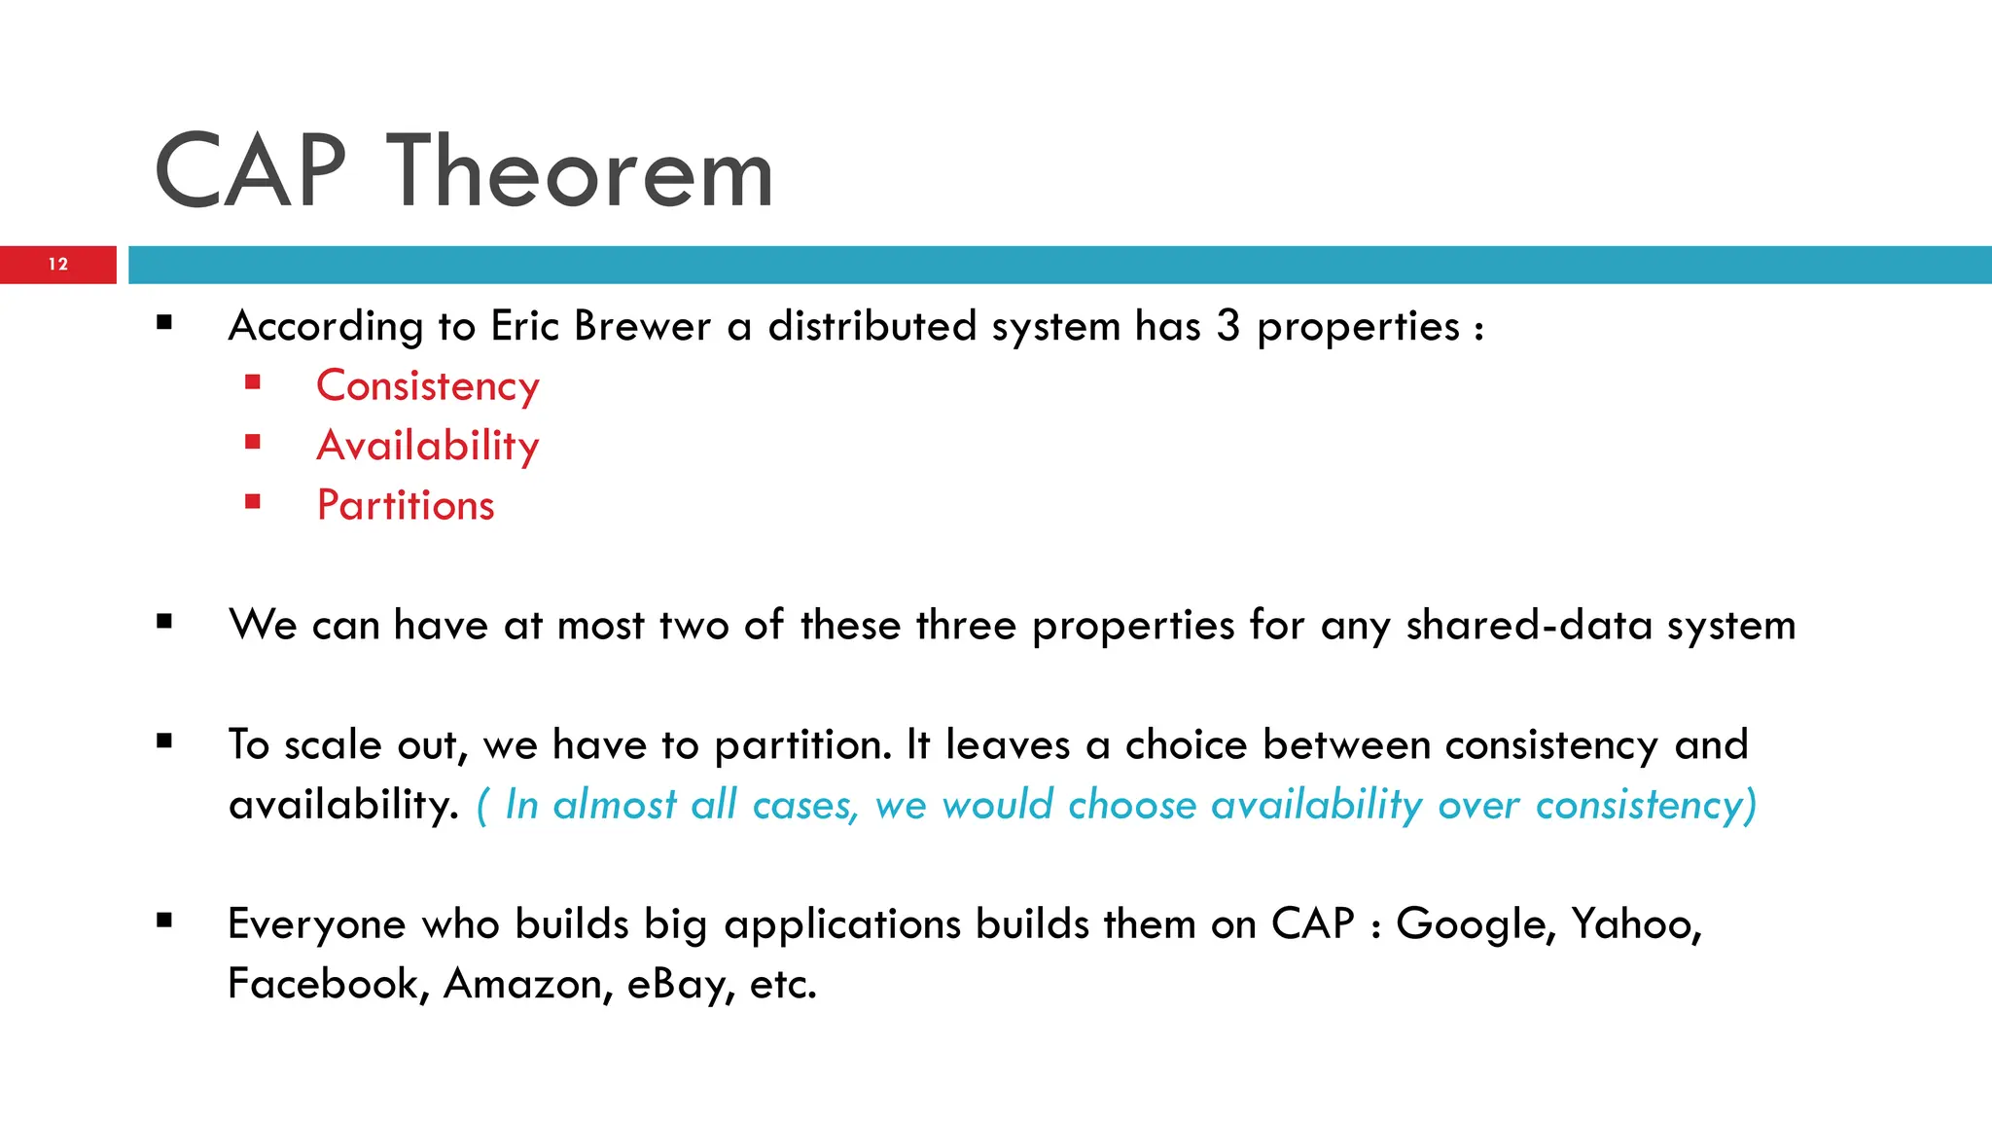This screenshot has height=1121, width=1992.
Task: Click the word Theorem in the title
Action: pos(580,172)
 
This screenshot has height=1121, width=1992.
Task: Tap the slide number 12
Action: pos(58,264)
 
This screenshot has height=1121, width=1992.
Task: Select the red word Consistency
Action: pos(427,386)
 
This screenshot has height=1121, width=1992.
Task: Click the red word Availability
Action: pos(427,446)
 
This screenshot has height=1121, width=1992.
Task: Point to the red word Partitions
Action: pos(406,505)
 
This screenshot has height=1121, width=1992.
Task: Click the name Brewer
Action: pos(642,326)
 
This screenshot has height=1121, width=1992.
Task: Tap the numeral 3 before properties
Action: pos(1228,326)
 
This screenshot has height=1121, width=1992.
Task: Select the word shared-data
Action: pos(1529,625)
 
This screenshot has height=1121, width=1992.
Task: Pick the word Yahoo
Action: pos(1636,923)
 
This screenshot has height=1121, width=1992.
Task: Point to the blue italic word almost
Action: pos(615,805)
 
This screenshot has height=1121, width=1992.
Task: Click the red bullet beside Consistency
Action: pos(253,382)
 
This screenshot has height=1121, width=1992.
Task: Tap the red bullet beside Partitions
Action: pos(253,502)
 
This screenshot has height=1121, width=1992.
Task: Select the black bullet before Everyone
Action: pos(163,920)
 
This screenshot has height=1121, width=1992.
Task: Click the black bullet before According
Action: pos(163,322)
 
